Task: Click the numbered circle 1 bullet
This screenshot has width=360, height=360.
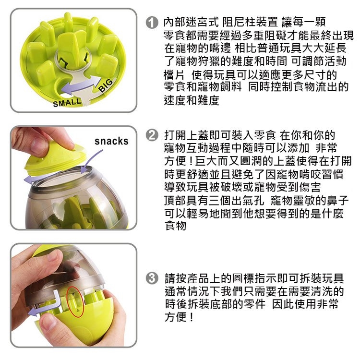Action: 152,23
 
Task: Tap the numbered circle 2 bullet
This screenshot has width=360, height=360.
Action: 152,135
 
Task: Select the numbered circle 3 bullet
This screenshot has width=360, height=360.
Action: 152,278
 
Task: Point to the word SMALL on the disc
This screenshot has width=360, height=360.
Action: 67,102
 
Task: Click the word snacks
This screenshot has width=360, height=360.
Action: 111,141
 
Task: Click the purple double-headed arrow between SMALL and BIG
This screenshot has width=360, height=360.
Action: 82,85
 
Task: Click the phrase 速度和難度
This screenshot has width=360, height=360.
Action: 192,100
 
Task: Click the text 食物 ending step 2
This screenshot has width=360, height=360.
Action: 175,226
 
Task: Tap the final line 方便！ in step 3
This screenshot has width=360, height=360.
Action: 179,317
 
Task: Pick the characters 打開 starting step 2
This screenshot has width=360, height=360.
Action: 175,135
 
